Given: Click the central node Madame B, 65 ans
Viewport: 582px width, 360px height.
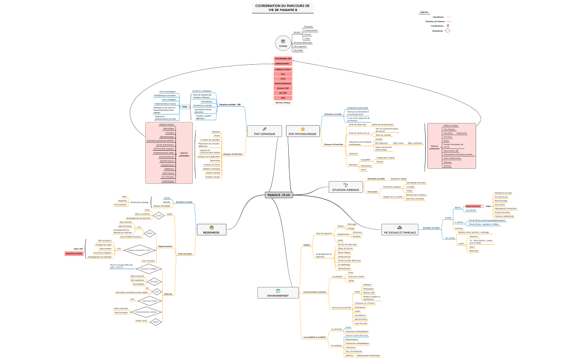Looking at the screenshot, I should [279, 195].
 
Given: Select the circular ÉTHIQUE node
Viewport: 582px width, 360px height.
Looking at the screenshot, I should [283, 43].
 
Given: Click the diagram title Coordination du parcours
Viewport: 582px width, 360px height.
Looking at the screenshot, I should [283, 8].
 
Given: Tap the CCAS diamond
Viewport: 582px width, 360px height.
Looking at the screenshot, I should [159, 215].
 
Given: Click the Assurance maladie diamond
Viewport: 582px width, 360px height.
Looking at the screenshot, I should [149, 269].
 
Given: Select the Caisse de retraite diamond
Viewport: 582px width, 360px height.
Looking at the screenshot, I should [149, 301].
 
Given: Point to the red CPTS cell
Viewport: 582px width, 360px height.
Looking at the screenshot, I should [283, 79].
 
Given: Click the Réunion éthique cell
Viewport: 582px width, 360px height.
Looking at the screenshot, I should [283, 102].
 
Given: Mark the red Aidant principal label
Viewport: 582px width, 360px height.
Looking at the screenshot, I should [473, 206].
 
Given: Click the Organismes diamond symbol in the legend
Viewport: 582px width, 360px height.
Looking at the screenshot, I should [447, 31].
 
